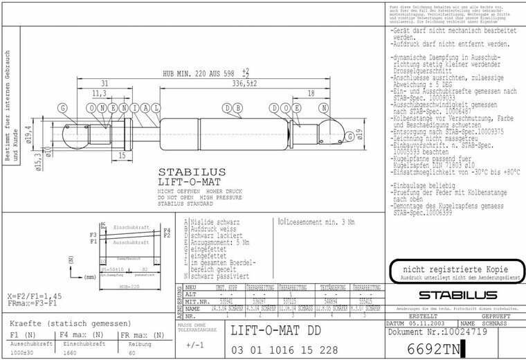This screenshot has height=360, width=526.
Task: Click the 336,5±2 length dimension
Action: pos(246,84)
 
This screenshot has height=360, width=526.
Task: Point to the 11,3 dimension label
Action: pos(98,93)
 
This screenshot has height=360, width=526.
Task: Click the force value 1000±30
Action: pos(23,352)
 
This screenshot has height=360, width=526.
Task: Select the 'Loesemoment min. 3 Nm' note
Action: pos(319,223)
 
